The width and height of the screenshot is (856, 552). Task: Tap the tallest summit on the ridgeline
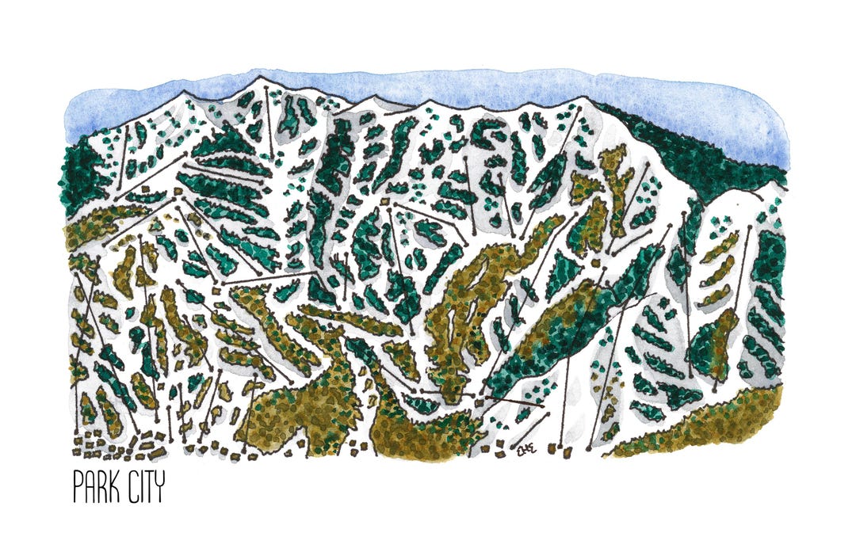coord(259,78)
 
